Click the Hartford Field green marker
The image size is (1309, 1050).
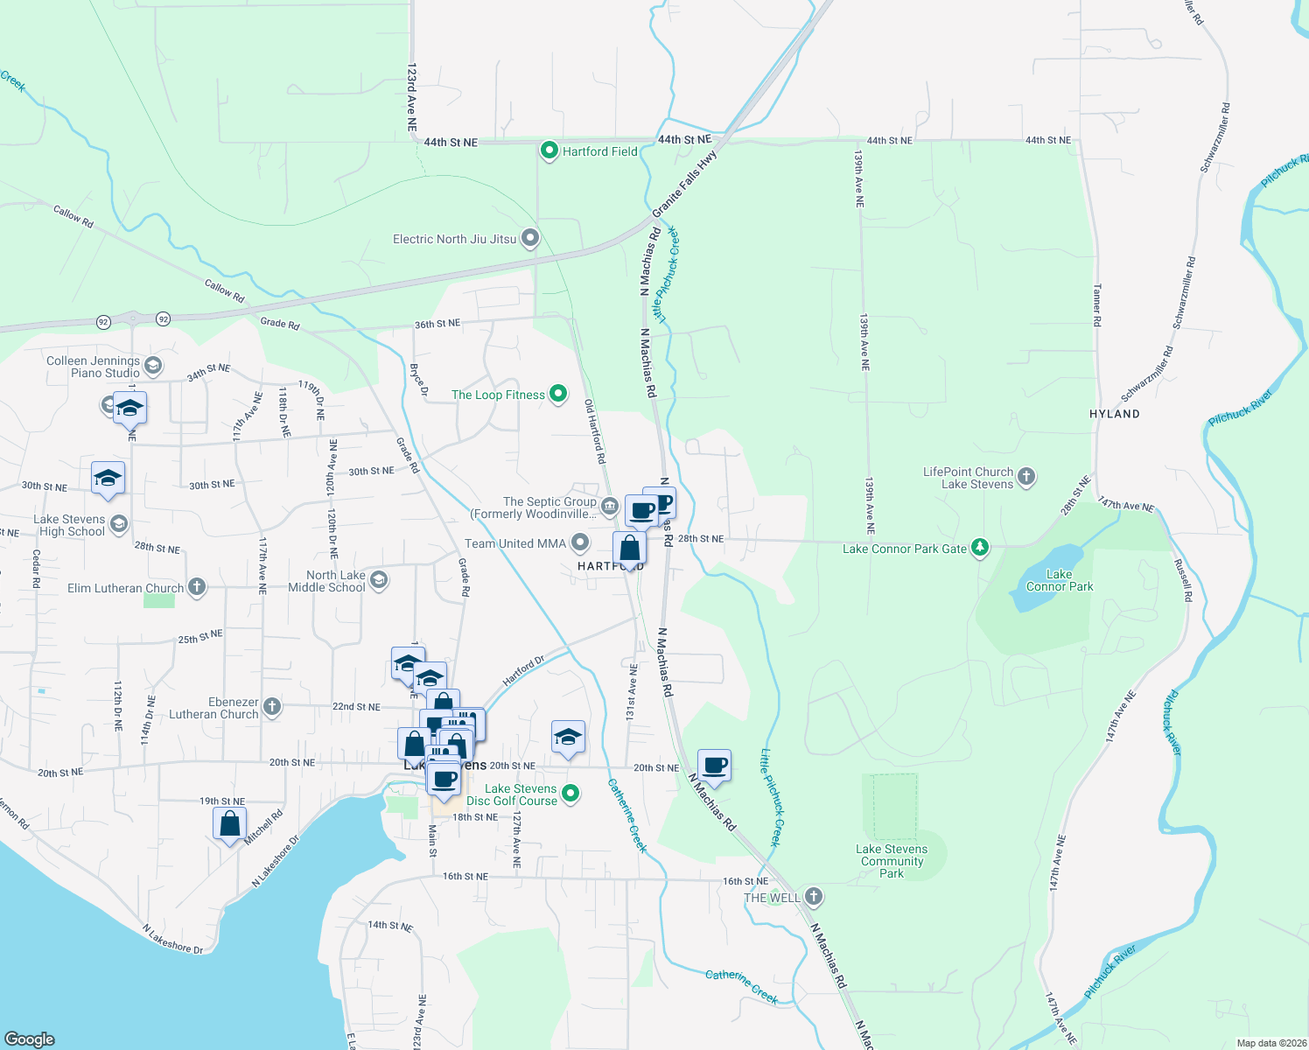click(x=549, y=150)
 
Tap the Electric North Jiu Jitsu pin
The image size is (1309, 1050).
click(x=530, y=238)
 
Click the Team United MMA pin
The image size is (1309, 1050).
click(x=579, y=542)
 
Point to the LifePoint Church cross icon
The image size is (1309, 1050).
click(x=1026, y=477)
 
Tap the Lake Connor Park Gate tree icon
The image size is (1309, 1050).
click(x=980, y=548)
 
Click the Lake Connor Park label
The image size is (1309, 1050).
click(x=1059, y=580)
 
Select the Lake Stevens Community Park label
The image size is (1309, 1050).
click(x=891, y=861)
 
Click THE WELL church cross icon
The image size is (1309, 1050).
click(x=814, y=896)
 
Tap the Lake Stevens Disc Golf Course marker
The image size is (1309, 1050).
click(x=570, y=794)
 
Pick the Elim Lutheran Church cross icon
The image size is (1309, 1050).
click(x=197, y=586)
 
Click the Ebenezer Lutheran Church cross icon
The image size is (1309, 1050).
click(x=272, y=707)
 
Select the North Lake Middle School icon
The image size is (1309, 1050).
click(x=379, y=580)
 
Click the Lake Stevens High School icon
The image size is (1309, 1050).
click(x=119, y=524)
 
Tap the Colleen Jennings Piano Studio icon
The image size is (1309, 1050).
click(x=153, y=366)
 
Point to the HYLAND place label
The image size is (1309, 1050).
click(x=1114, y=414)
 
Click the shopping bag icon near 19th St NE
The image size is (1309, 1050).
click(x=229, y=823)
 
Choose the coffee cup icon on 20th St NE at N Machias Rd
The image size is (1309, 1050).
click(x=714, y=765)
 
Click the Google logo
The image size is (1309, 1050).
click(x=30, y=1039)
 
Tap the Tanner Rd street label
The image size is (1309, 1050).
click(x=1096, y=304)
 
